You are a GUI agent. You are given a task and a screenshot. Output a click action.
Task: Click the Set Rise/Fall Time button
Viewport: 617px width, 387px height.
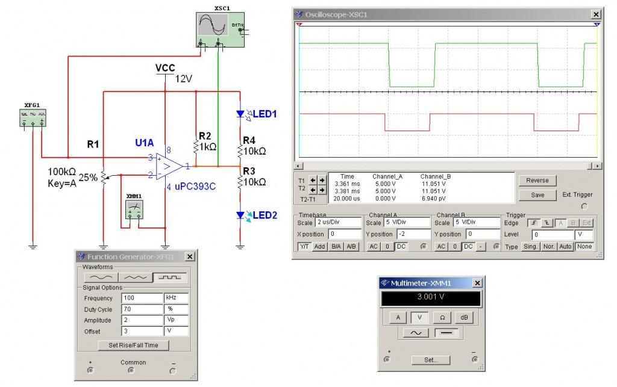pyautogui.click(x=133, y=345)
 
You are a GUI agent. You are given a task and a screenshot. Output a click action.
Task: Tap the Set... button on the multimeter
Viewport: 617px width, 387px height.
pyautogui.click(x=430, y=360)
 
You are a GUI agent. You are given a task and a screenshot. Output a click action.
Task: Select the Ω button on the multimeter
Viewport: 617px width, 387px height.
pyautogui.click(x=441, y=317)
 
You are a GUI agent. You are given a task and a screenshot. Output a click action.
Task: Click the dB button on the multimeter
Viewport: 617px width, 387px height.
pyautogui.click(x=463, y=317)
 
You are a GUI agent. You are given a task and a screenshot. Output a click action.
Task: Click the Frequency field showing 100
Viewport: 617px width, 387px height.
pyautogui.click(x=142, y=298)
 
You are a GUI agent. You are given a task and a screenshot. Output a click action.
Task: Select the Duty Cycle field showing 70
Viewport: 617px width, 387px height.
pyautogui.click(x=142, y=309)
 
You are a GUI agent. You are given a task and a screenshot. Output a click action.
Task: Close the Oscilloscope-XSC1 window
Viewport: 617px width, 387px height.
pyautogui.click(x=596, y=14)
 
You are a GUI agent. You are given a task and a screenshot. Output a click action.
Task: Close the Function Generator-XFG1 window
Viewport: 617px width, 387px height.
pyautogui.click(x=189, y=256)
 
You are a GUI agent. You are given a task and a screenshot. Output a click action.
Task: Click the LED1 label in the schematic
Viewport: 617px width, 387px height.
pyautogui.click(x=265, y=113)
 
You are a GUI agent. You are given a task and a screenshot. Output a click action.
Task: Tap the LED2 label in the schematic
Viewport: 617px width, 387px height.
pyautogui.click(x=265, y=215)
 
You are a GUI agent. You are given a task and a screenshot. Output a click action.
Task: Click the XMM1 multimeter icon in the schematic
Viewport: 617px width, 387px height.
pyautogui.click(x=134, y=210)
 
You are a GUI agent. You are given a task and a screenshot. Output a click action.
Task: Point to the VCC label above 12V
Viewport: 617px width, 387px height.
pyautogui.click(x=164, y=67)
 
